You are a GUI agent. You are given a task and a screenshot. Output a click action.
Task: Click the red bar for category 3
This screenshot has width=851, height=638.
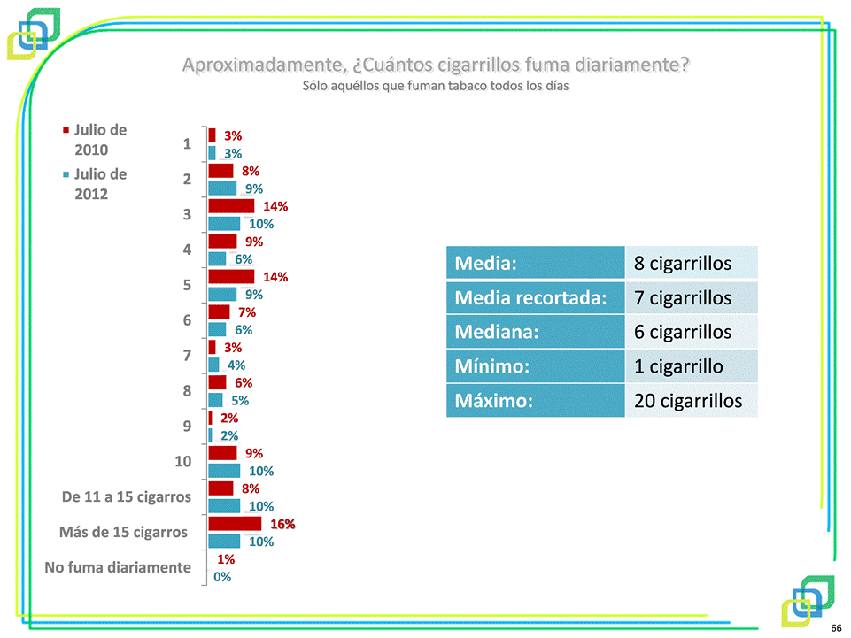point(231,206)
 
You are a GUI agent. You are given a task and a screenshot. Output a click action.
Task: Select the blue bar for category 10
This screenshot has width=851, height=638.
point(224,471)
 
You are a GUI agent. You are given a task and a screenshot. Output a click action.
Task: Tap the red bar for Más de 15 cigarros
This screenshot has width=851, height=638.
point(235,524)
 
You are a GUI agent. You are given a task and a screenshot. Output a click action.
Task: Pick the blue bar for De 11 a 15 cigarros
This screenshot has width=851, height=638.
point(224,506)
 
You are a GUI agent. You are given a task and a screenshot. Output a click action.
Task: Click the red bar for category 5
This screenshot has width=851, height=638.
point(231,277)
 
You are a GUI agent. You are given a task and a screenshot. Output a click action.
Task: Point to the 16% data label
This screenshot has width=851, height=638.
point(282,524)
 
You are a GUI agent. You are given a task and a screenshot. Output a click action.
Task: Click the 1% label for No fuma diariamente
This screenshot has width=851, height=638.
point(226,559)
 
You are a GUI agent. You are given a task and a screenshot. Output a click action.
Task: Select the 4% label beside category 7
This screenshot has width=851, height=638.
point(236,365)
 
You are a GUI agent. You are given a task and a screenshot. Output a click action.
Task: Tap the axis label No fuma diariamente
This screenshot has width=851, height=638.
point(118,567)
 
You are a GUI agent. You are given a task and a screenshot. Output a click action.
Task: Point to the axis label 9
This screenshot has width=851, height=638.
point(187,426)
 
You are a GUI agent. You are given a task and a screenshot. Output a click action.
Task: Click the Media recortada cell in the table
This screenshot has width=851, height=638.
point(535,298)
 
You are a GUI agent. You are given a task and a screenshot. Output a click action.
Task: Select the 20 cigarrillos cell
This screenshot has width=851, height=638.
point(688,401)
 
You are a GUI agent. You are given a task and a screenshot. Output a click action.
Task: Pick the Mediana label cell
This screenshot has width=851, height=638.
point(535,333)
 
